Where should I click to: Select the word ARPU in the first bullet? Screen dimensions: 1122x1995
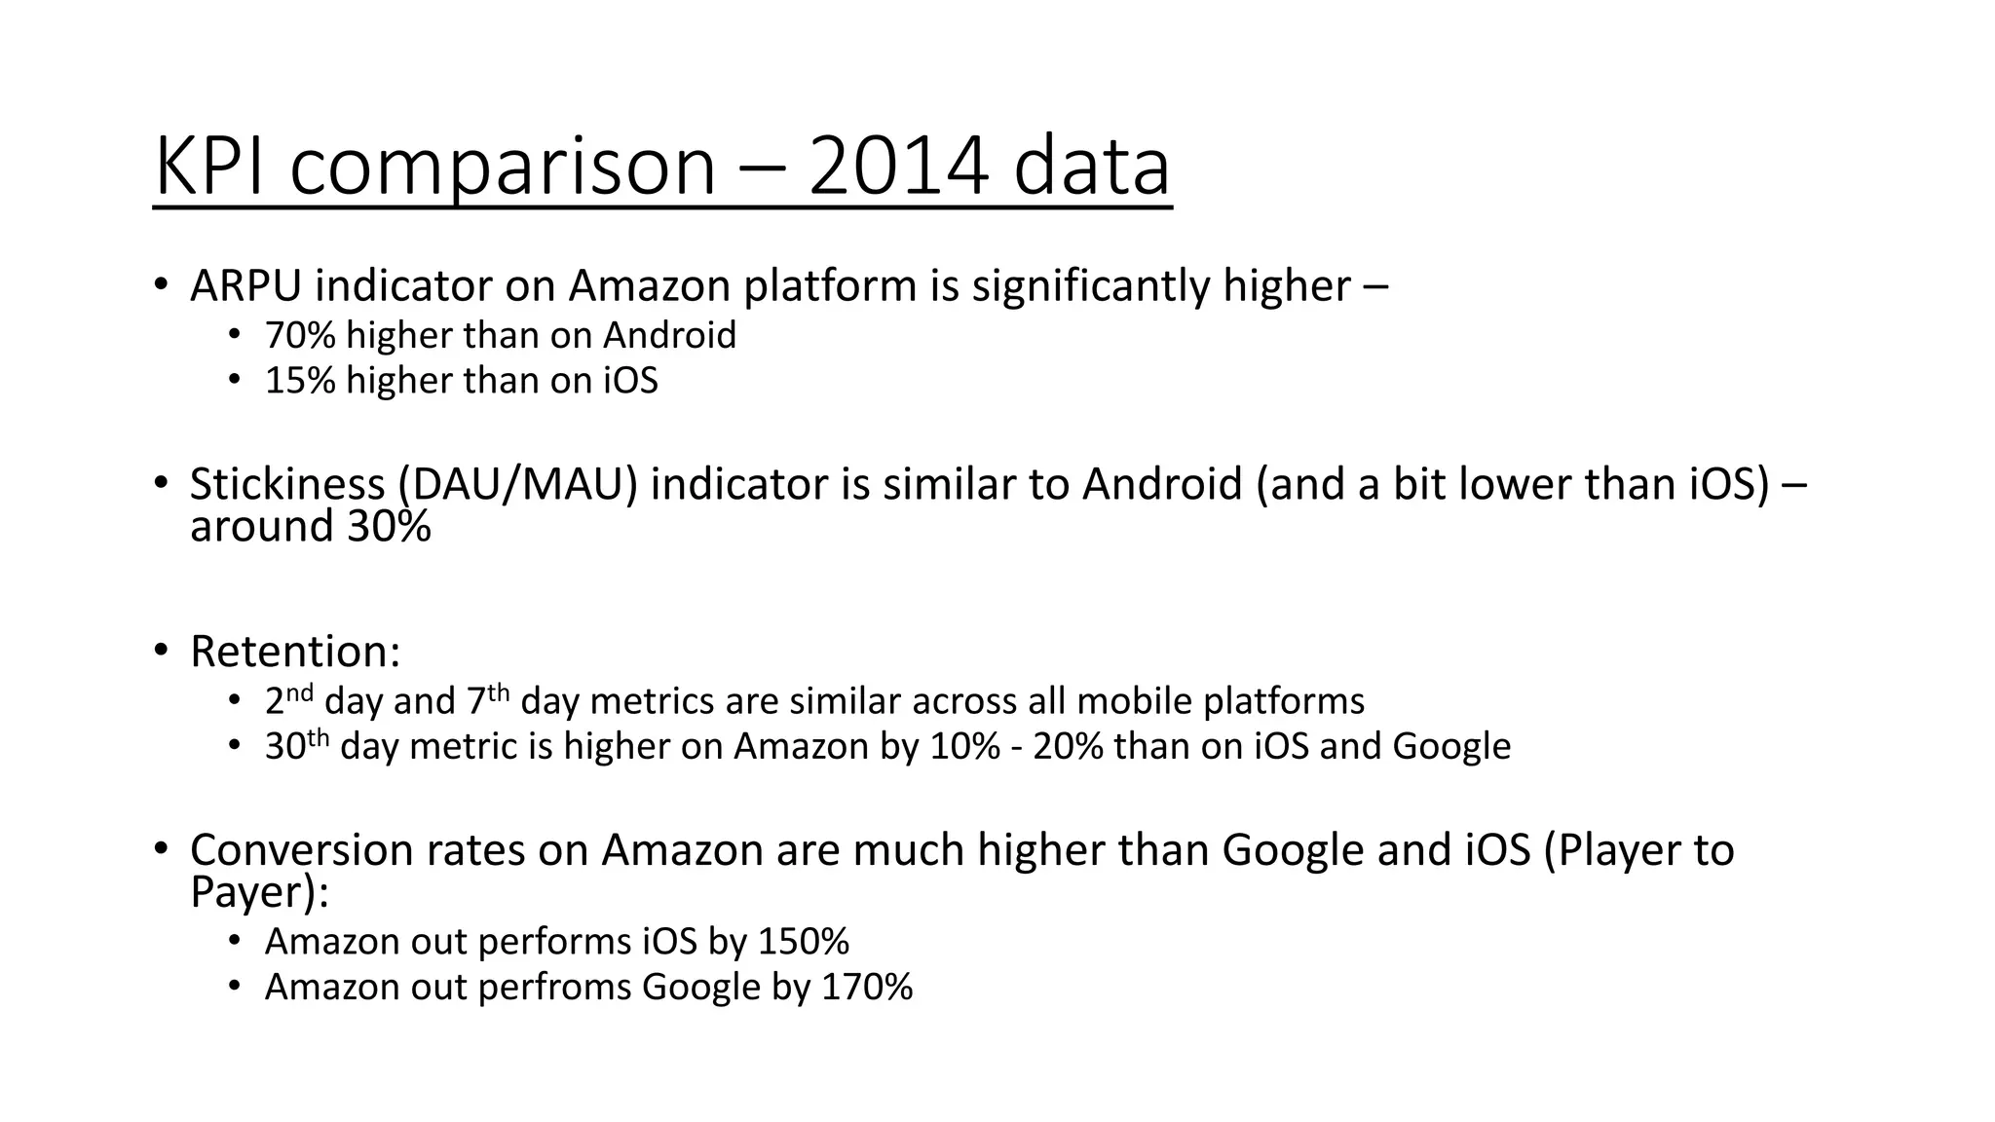pyautogui.click(x=245, y=285)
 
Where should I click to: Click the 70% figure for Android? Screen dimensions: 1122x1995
pyautogui.click(x=300, y=336)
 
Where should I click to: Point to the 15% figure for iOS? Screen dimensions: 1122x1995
pyautogui.click(x=300, y=381)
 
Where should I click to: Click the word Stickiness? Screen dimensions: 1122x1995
pyautogui.click(x=287, y=484)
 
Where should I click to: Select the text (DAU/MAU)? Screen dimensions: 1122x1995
pyautogui.click(x=517, y=484)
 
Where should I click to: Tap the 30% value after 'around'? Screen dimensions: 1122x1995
pyautogui.click(x=389, y=527)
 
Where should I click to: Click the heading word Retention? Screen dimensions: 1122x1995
pyautogui.click(x=295, y=652)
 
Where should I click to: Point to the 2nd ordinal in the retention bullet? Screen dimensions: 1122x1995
pyautogui.click(x=288, y=699)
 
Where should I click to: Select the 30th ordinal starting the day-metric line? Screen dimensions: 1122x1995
pyautogui.click(x=297, y=745)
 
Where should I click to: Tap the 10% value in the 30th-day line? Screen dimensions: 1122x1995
pyautogui.click(x=964, y=747)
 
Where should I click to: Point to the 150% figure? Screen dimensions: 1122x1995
pyautogui.click(x=804, y=942)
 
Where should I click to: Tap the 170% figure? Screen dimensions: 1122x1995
pyautogui.click(x=867, y=988)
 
